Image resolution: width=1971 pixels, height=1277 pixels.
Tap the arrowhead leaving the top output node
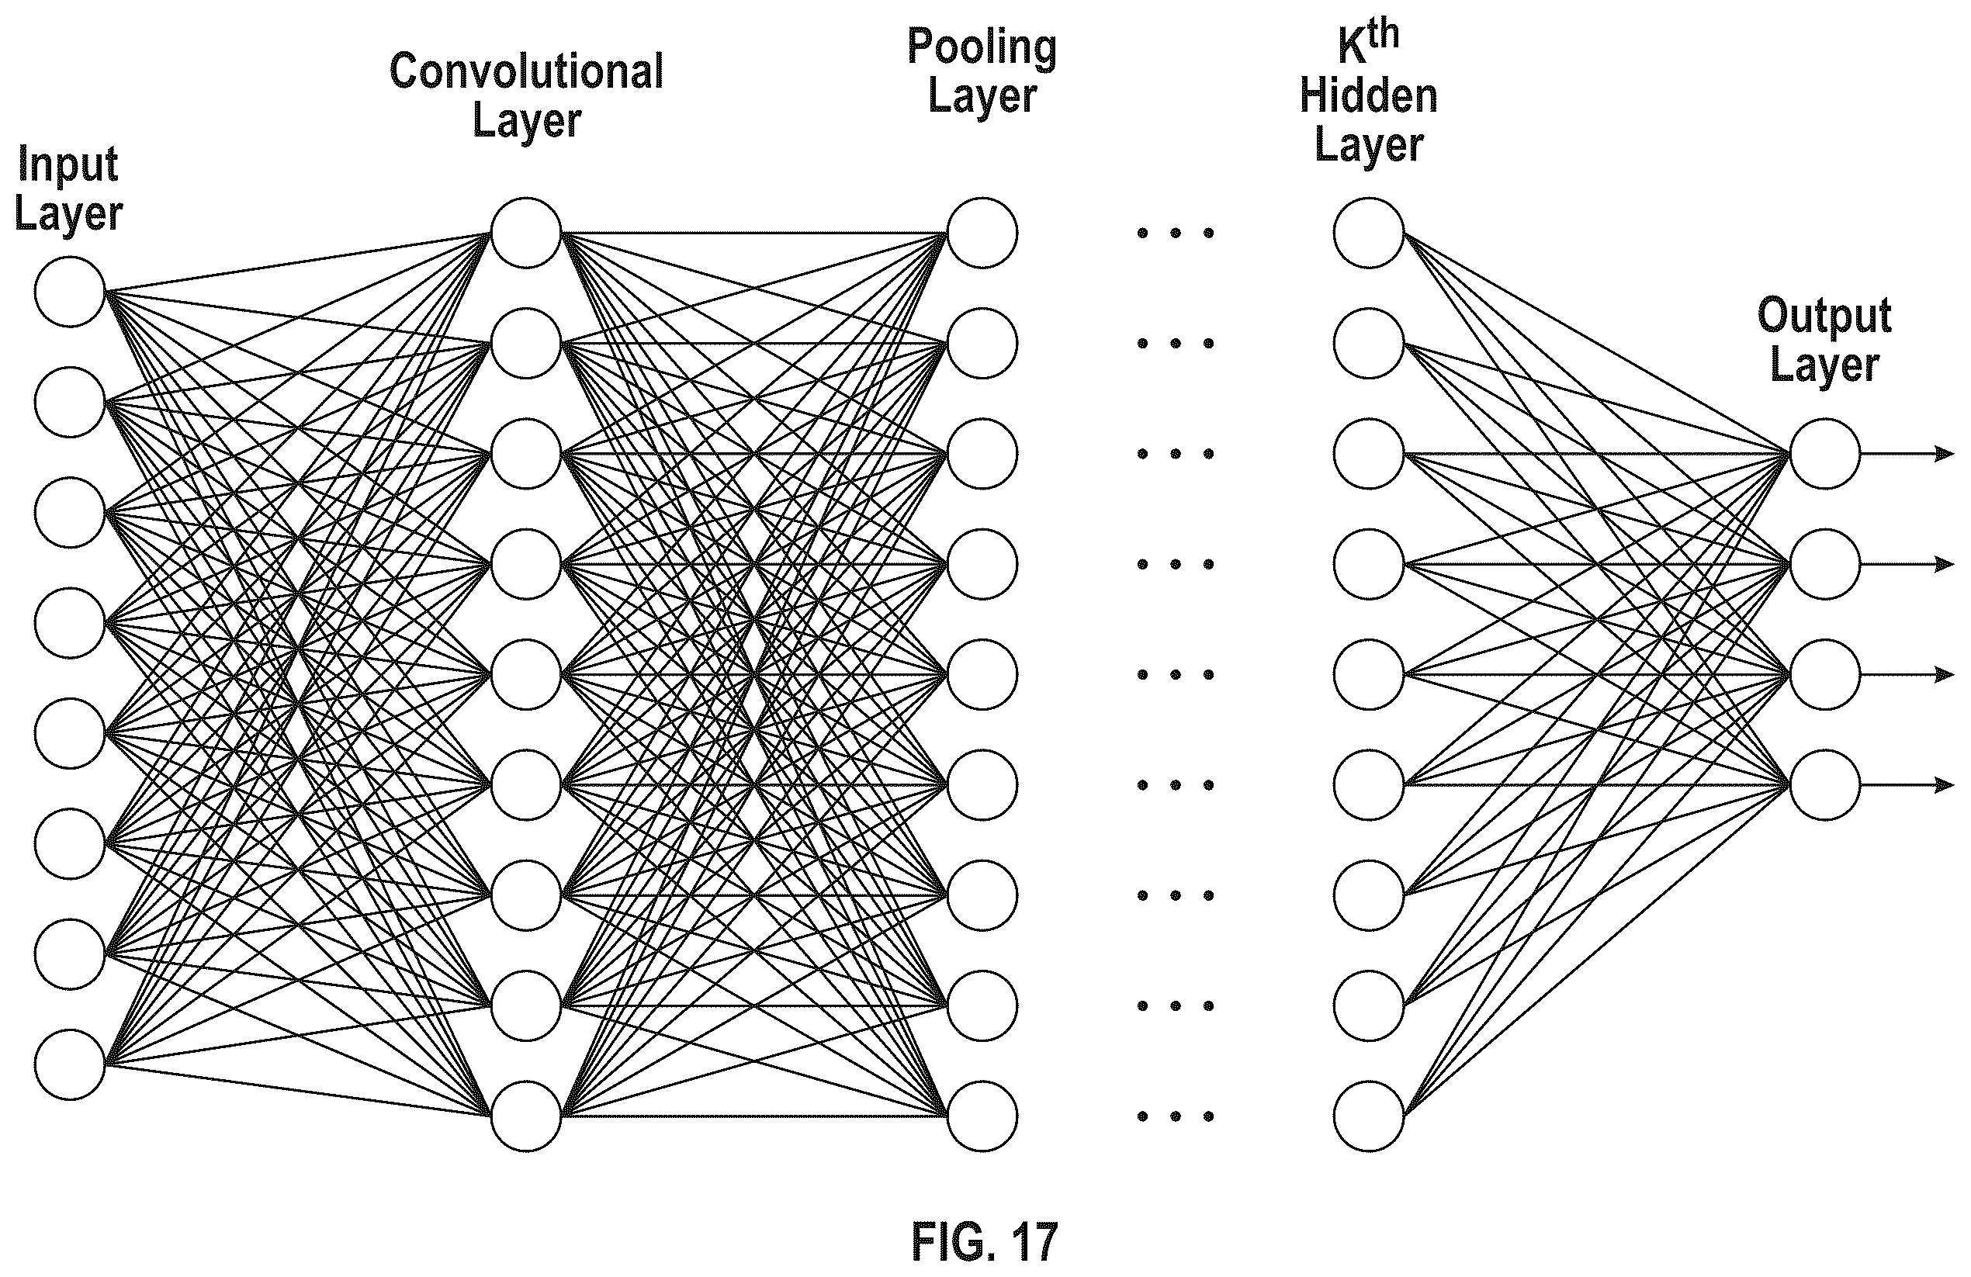click(1945, 454)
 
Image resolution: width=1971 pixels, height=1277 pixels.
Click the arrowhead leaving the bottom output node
click(1945, 785)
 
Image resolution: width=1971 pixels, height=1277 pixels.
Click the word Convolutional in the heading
click(527, 71)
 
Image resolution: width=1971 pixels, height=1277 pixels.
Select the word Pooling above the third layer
click(982, 47)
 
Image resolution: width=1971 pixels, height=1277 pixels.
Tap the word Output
click(1824, 317)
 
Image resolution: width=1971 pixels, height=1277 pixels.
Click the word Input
click(68, 164)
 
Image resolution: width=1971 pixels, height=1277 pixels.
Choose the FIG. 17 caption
click(985, 1241)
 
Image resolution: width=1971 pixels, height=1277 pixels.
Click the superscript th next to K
click(1383, 35)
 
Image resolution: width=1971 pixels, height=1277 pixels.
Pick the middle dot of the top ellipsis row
click(1175, 233)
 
